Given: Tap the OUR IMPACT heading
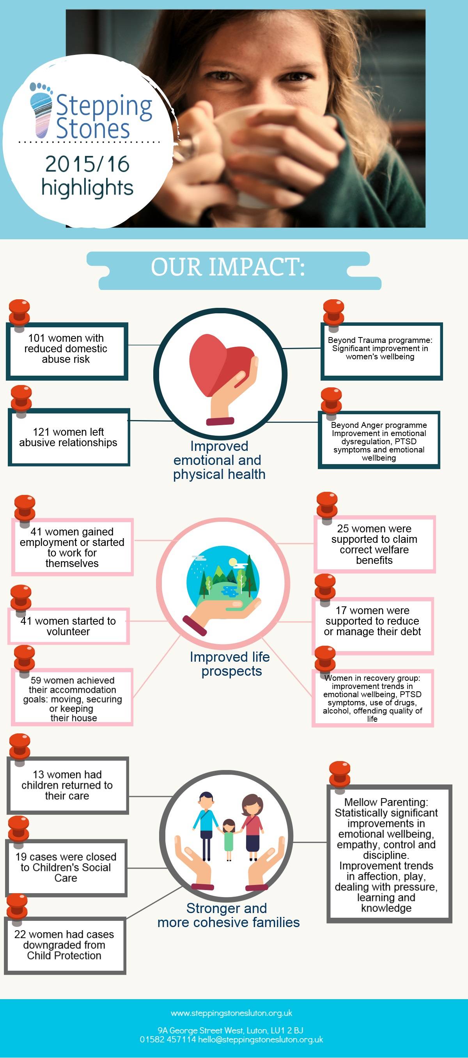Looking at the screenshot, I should click(x=228, y=267).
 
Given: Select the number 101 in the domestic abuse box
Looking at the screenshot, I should click(x=36, y=338).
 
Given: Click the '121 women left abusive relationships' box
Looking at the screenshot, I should click(x=69, y=437).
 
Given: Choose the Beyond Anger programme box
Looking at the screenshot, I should click(x=378, y=441).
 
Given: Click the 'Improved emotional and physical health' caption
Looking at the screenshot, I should click(x=219, y=460).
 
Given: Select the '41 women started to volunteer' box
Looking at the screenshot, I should click(x=68, y=626).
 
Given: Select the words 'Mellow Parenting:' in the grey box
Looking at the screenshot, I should click(x=386, y=802).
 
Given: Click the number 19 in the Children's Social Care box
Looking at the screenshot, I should click(x=21, y=857).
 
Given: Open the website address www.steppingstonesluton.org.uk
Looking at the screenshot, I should click(x=231, y=1013).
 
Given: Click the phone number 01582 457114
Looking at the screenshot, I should click(x=168, y=1040).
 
